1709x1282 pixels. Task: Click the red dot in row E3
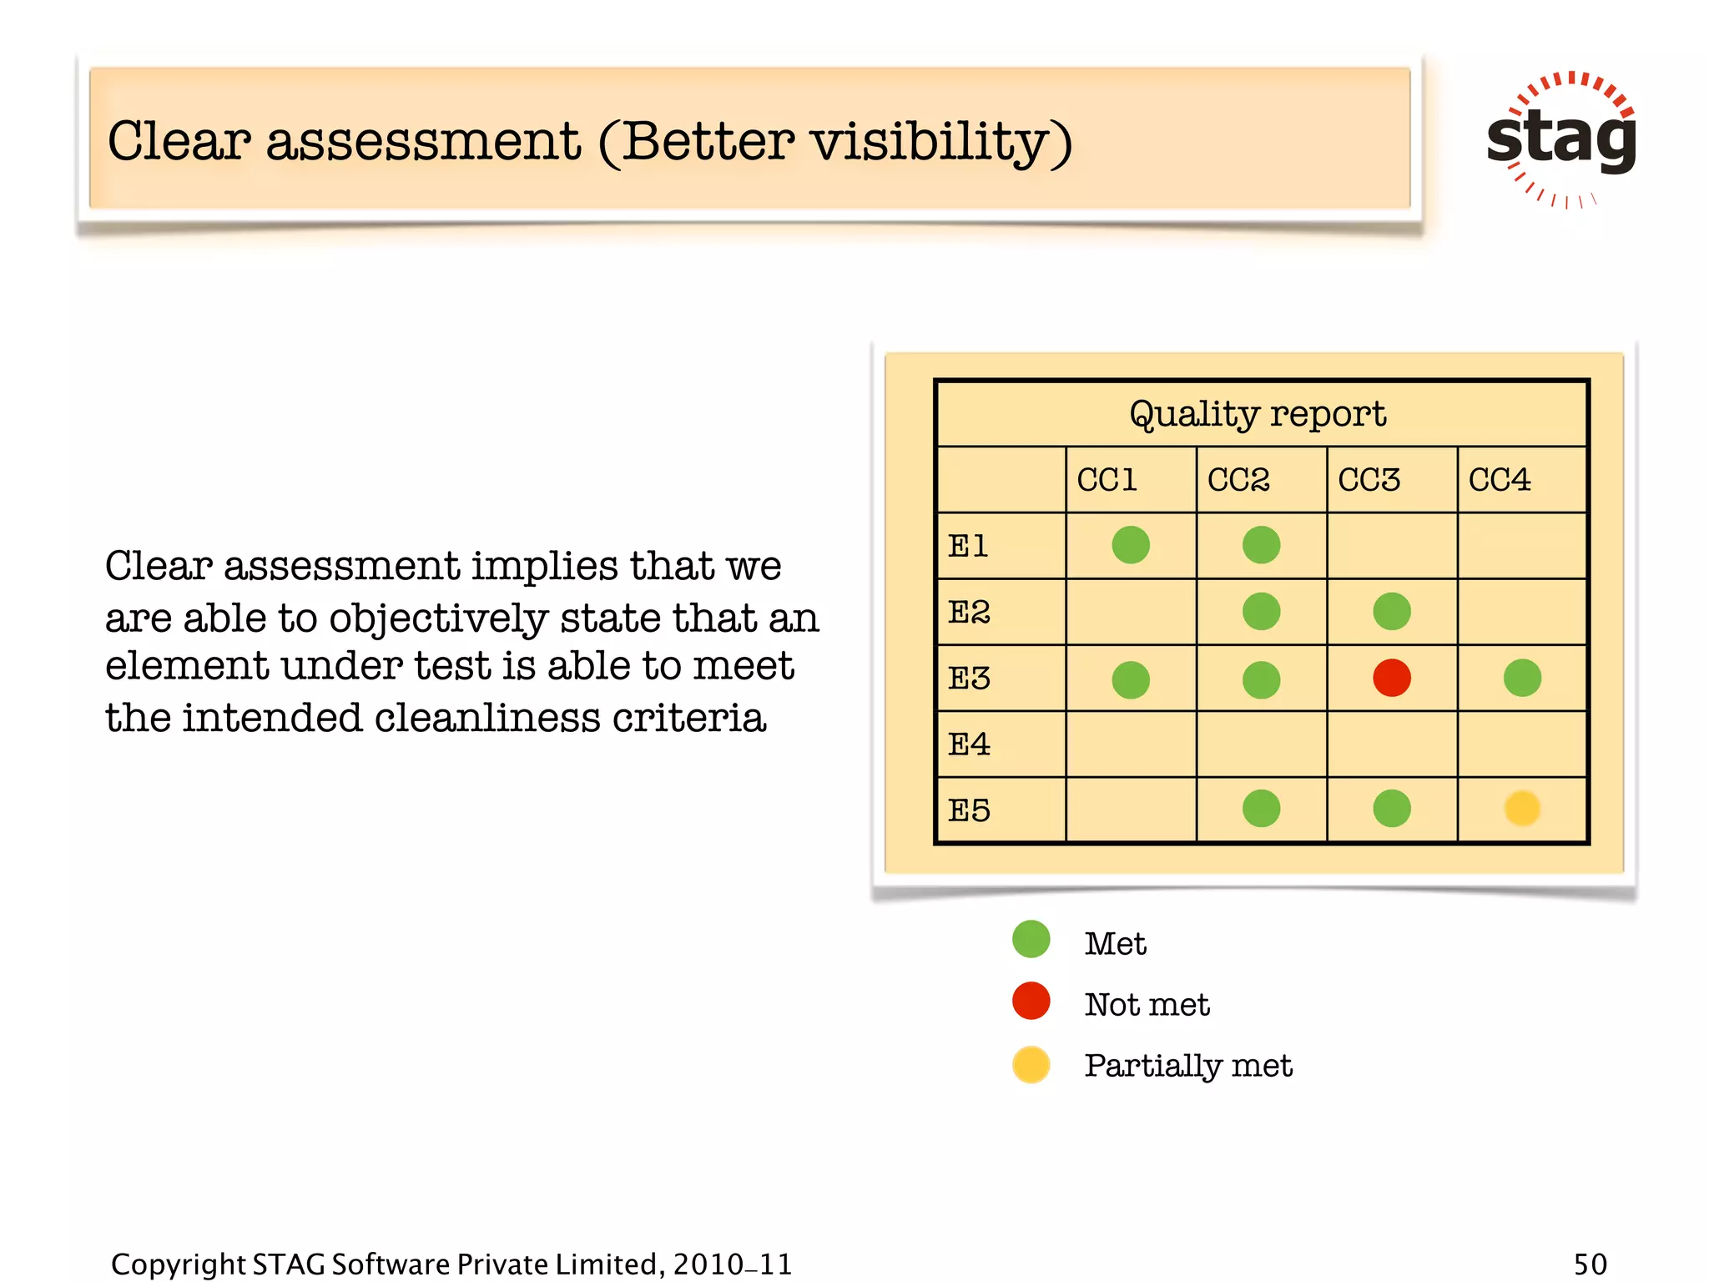click(1391, 678)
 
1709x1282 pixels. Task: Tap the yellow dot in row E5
click(1521, 808)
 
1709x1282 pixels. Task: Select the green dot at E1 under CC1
click(1131, 545)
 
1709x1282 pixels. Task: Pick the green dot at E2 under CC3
click(1391, 612)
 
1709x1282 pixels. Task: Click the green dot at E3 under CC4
click(1521, 678)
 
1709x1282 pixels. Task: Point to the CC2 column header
click(1238, 480)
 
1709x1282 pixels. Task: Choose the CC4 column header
click(1500, 480)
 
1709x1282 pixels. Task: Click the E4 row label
click(969, 744)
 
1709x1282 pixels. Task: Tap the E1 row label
click(968, 546)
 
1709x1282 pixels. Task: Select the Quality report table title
click(1258, 414)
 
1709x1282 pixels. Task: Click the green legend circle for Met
click(1031, 940)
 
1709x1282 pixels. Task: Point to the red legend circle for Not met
click(1031, 1001)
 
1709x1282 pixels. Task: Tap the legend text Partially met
click(1187, 1066)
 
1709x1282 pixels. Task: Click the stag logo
click(1561, 139)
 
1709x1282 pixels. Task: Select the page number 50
click(1590, 1264)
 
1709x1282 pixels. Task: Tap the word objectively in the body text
click(438, 619)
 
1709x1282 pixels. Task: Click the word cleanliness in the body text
click(486, 718)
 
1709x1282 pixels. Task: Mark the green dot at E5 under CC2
click(1261, 808)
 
